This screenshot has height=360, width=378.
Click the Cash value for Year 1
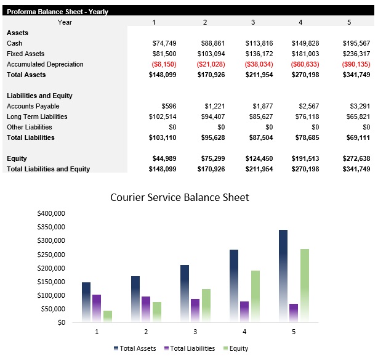click(164, 43)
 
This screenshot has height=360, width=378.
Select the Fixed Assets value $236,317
click(356, 54)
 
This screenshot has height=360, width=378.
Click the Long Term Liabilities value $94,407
click(213, 117)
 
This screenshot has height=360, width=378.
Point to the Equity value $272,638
click(356, 158)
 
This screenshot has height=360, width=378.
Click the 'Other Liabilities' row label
click(29, 127)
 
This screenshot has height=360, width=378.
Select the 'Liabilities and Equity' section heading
click(39, 96)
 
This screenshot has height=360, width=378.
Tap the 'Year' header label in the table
click(65, 22)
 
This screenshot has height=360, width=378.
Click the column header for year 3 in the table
click(252, 22)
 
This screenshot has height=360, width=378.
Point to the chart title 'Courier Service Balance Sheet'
click(179, 197)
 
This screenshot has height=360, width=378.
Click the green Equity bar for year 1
click(108, 316)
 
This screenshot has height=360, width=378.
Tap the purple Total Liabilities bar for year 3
click(195, 310)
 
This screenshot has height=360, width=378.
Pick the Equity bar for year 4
click(255, 296)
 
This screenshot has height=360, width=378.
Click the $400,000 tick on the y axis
click(52, 213)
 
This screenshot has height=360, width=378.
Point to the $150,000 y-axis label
click(52, 282)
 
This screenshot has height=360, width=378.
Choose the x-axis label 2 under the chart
click(146, 332)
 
